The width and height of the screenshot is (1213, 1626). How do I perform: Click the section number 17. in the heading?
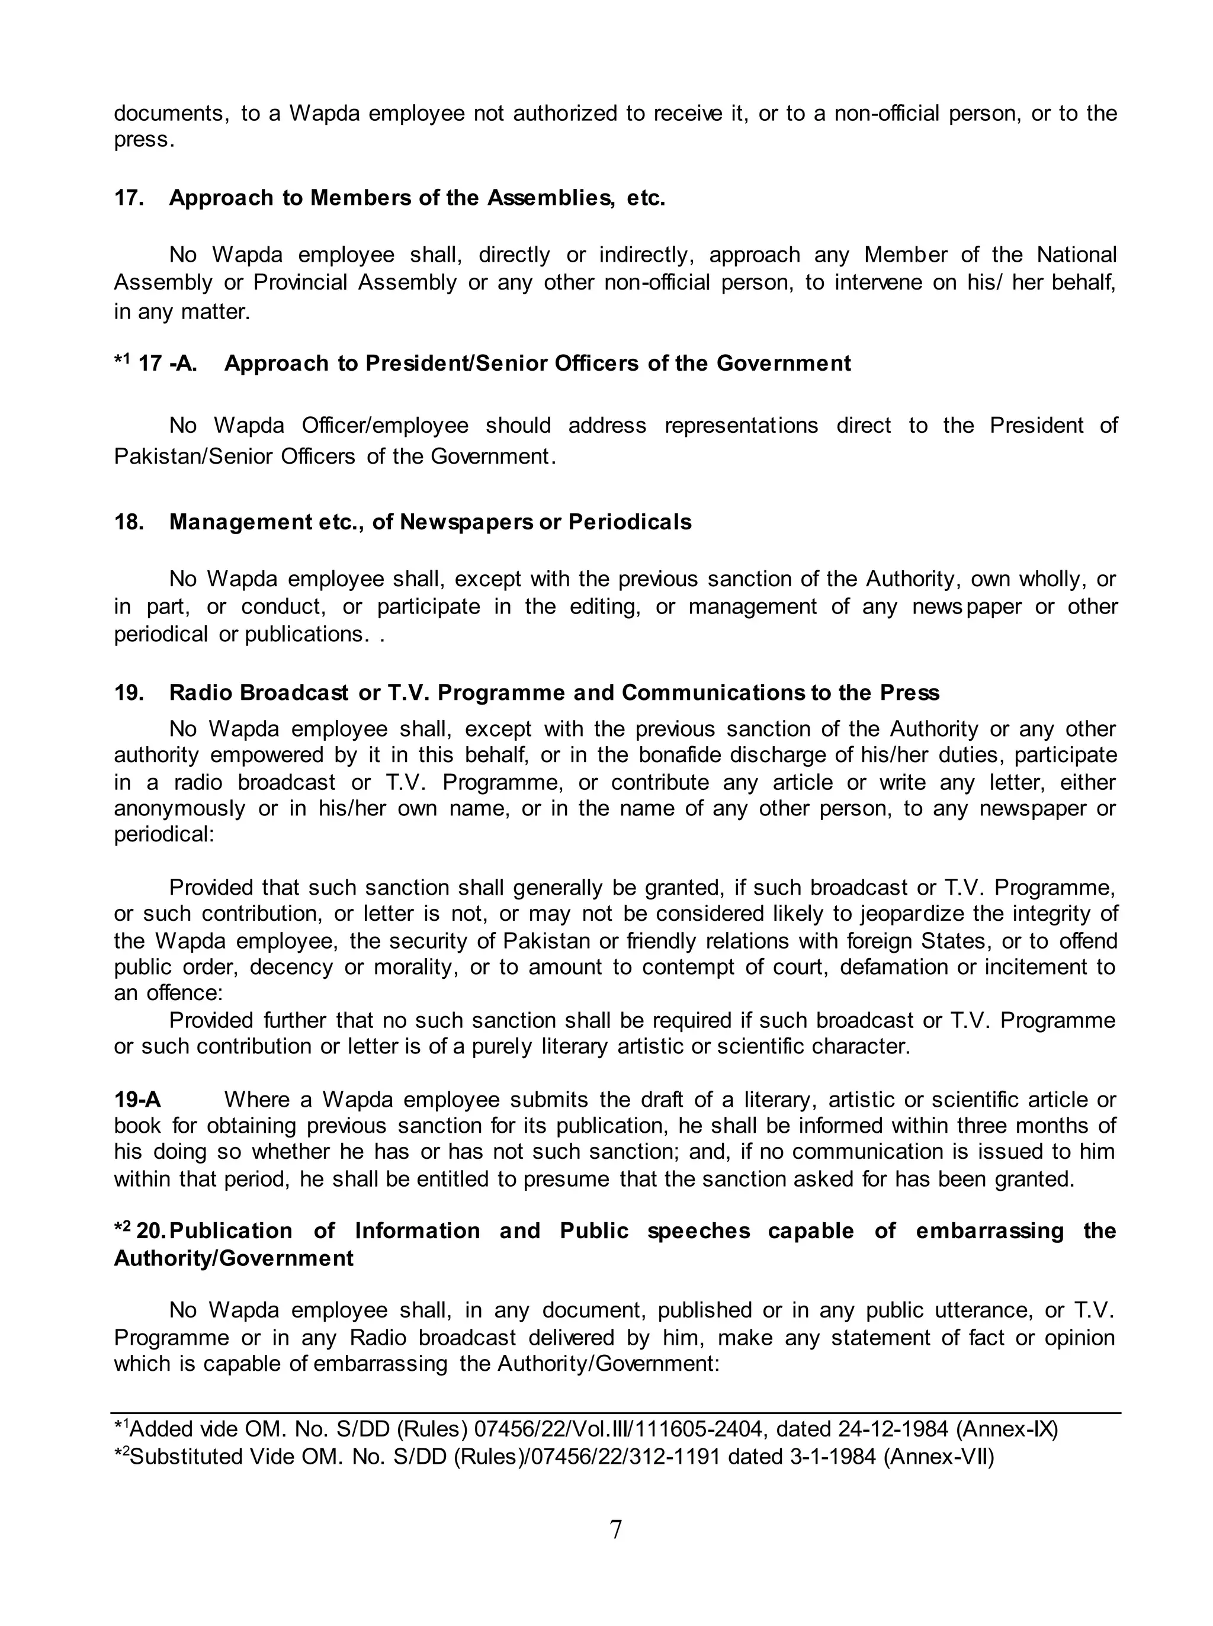pyautogui.click(x=129, y=198)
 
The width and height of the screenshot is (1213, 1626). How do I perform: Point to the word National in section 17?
pyautogui.click(x=1076, y=255)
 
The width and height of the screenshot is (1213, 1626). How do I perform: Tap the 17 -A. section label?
pyautogui.click(x=168, y=364)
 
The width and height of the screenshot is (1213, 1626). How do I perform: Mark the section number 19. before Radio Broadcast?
pyautogui.click(x=129, y=693)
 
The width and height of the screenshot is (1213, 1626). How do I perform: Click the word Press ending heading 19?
pyautogui.click(x=907, y=693)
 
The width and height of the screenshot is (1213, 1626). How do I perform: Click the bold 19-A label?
pyautogui.click(x=137, y=1100)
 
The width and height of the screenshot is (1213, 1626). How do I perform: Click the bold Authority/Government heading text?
pyautogui.click(x=233, y=1258)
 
